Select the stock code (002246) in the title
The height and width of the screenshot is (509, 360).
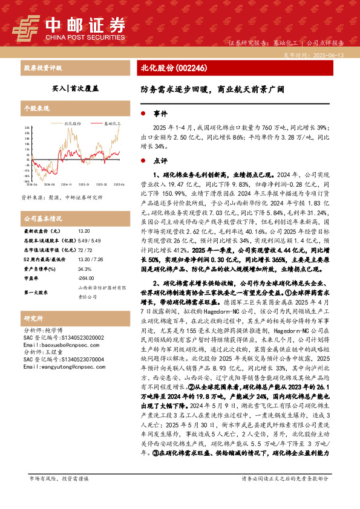(192, 68)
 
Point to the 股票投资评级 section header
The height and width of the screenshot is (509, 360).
(42, 68)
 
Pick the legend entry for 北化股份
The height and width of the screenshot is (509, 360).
(73, 122)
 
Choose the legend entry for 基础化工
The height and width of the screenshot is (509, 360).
(111, 122)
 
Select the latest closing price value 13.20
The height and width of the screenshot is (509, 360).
(84, 231)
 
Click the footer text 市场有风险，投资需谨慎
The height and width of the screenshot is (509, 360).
(59, 495)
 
